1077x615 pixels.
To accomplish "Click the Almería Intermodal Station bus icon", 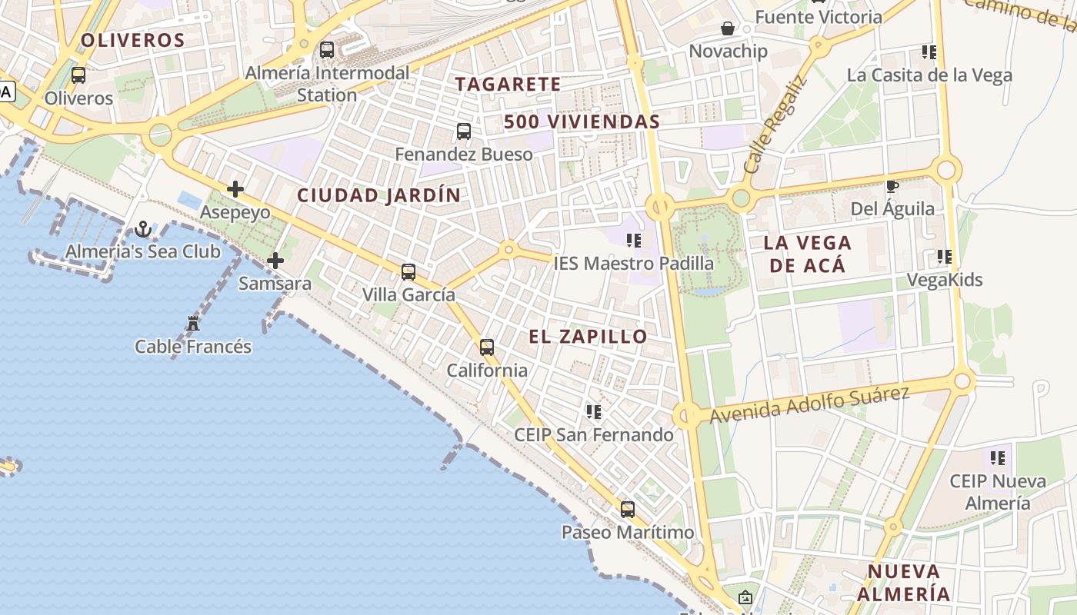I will tap(327, 50).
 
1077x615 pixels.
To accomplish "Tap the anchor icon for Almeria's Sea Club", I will tap(143, 228).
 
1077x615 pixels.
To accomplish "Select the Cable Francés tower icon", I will tap(193, 324).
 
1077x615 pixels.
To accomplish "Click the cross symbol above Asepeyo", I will tap(235, 189).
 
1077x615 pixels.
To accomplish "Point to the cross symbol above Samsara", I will tap(275, 261).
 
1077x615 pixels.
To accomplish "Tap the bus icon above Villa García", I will tap(408, 271).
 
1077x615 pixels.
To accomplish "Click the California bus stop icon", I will tap(487, 347).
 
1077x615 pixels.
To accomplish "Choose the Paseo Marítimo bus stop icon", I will tap(628, 509).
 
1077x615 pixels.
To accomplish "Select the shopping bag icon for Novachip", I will tap(728, 28).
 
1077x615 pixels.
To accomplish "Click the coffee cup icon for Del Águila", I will tap(892, 186).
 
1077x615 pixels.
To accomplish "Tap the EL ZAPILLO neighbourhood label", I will tap(589, 337).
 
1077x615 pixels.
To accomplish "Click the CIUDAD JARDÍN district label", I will tap(379, 195).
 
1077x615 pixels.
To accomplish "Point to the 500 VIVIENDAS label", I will tap(582, 121).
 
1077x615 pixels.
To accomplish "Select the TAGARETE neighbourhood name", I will tap(508, 84).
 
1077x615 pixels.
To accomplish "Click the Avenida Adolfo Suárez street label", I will tap(809, 404).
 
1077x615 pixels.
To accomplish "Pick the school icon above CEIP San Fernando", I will tap(594, 412).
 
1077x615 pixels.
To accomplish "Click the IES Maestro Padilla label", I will tap(634, 263).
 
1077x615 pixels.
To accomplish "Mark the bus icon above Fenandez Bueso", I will tap(464, 131).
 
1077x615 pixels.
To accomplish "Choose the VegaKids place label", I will tap(945, 280).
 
